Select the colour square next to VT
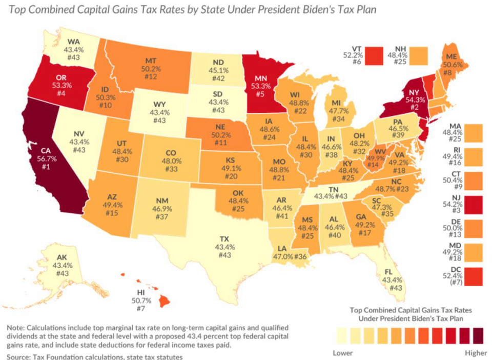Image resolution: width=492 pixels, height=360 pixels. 375,53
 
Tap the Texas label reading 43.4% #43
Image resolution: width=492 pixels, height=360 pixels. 224,247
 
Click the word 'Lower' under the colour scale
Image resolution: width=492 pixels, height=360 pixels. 343,353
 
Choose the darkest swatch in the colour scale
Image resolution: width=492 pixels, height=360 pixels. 479,336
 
